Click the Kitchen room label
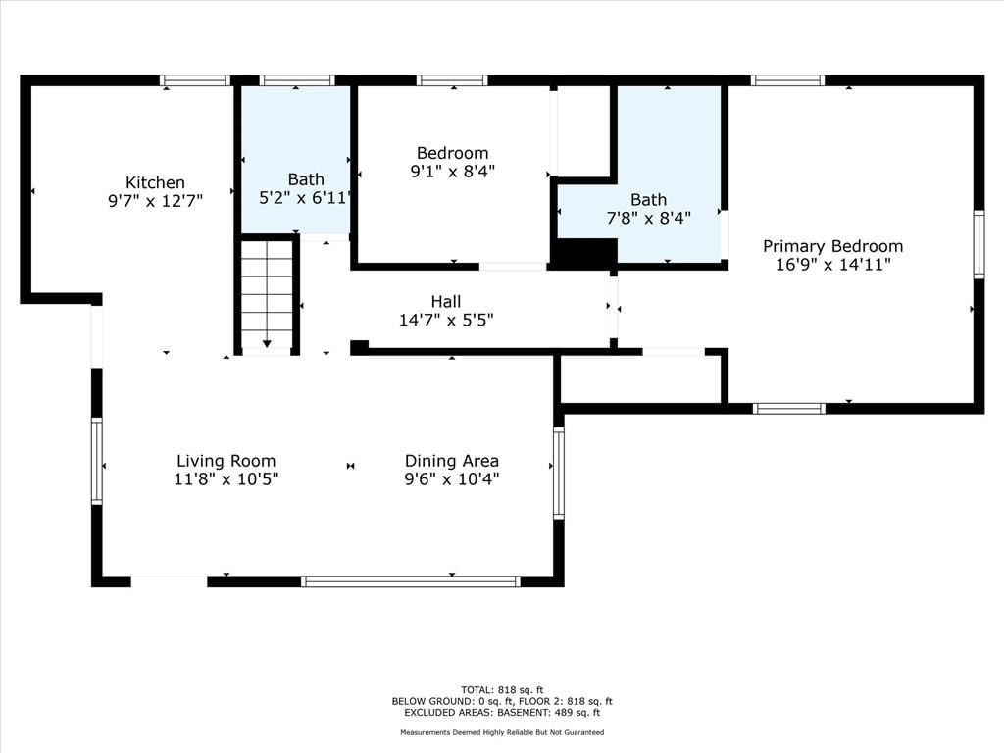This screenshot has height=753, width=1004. point(155,182)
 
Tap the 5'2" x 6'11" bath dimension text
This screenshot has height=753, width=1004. point(306,198)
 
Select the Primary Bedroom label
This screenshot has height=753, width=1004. point(833,246)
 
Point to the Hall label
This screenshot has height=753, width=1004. point(446,302)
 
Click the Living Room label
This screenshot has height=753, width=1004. point(226,461)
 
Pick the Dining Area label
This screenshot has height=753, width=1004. point(451,461)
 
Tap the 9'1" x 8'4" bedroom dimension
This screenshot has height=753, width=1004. point(452,172)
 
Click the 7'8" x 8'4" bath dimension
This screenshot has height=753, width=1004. point(648,219)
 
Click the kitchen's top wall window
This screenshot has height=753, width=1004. point(195,80)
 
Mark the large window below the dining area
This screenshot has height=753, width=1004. point(411,581)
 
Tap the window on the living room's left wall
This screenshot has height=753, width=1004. point(97,461)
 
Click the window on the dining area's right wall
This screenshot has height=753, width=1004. point(558,474)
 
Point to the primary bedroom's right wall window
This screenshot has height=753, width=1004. point(979,244)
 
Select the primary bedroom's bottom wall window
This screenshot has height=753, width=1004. point(789,409)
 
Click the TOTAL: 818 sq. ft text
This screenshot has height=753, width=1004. point(502,690)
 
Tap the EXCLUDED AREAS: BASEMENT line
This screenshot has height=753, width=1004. point(502,712)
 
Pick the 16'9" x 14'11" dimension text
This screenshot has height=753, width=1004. point(833,265)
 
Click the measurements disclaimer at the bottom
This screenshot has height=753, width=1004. point(502,732)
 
